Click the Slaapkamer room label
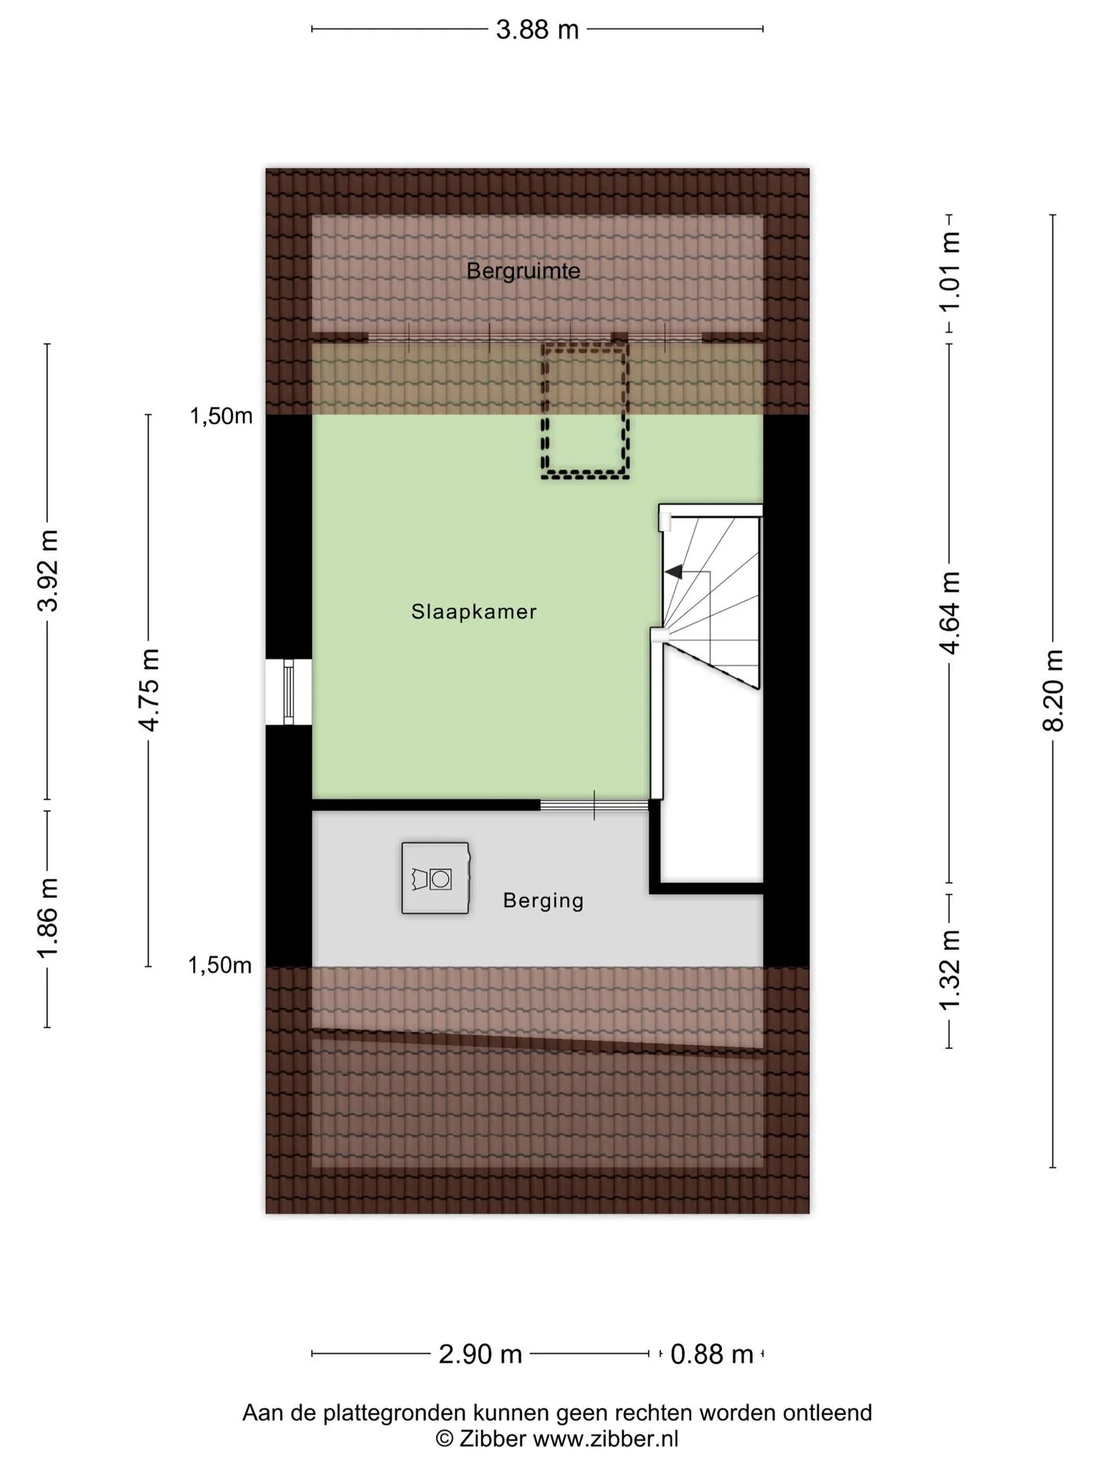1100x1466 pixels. (x=474, y=612)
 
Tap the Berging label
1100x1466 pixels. (x=543, y=901)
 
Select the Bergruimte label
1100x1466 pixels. (x=523, y=270)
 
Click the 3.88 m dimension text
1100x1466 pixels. (x=537, y=30)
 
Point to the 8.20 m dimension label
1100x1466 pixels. (x=1053, y=690)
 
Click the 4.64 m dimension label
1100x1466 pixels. (x=950, y=613)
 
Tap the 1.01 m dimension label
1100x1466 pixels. (x=950, y=271)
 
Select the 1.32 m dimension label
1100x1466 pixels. (x=950, y=970)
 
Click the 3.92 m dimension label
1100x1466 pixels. (x=47, y=570)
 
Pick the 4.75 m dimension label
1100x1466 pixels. (x=148, y=690)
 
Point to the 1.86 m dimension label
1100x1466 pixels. (x=47, y=919)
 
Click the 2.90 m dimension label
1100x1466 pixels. (x=480, y=1354)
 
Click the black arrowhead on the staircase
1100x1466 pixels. (x=673, y=572)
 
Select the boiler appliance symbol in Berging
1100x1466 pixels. (x=435, y=878)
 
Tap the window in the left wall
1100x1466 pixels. (x=288, y=692)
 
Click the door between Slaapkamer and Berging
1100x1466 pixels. (x=594, y=805)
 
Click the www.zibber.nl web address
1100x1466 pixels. (x=605, y=1439)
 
